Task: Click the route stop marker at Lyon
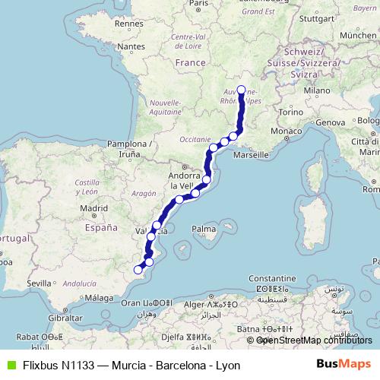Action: point(242,90)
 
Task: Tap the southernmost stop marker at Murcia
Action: point(138,269)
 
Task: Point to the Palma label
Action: point(203,228)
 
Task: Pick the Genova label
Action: point(330,122)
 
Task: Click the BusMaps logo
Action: point(344,364)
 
